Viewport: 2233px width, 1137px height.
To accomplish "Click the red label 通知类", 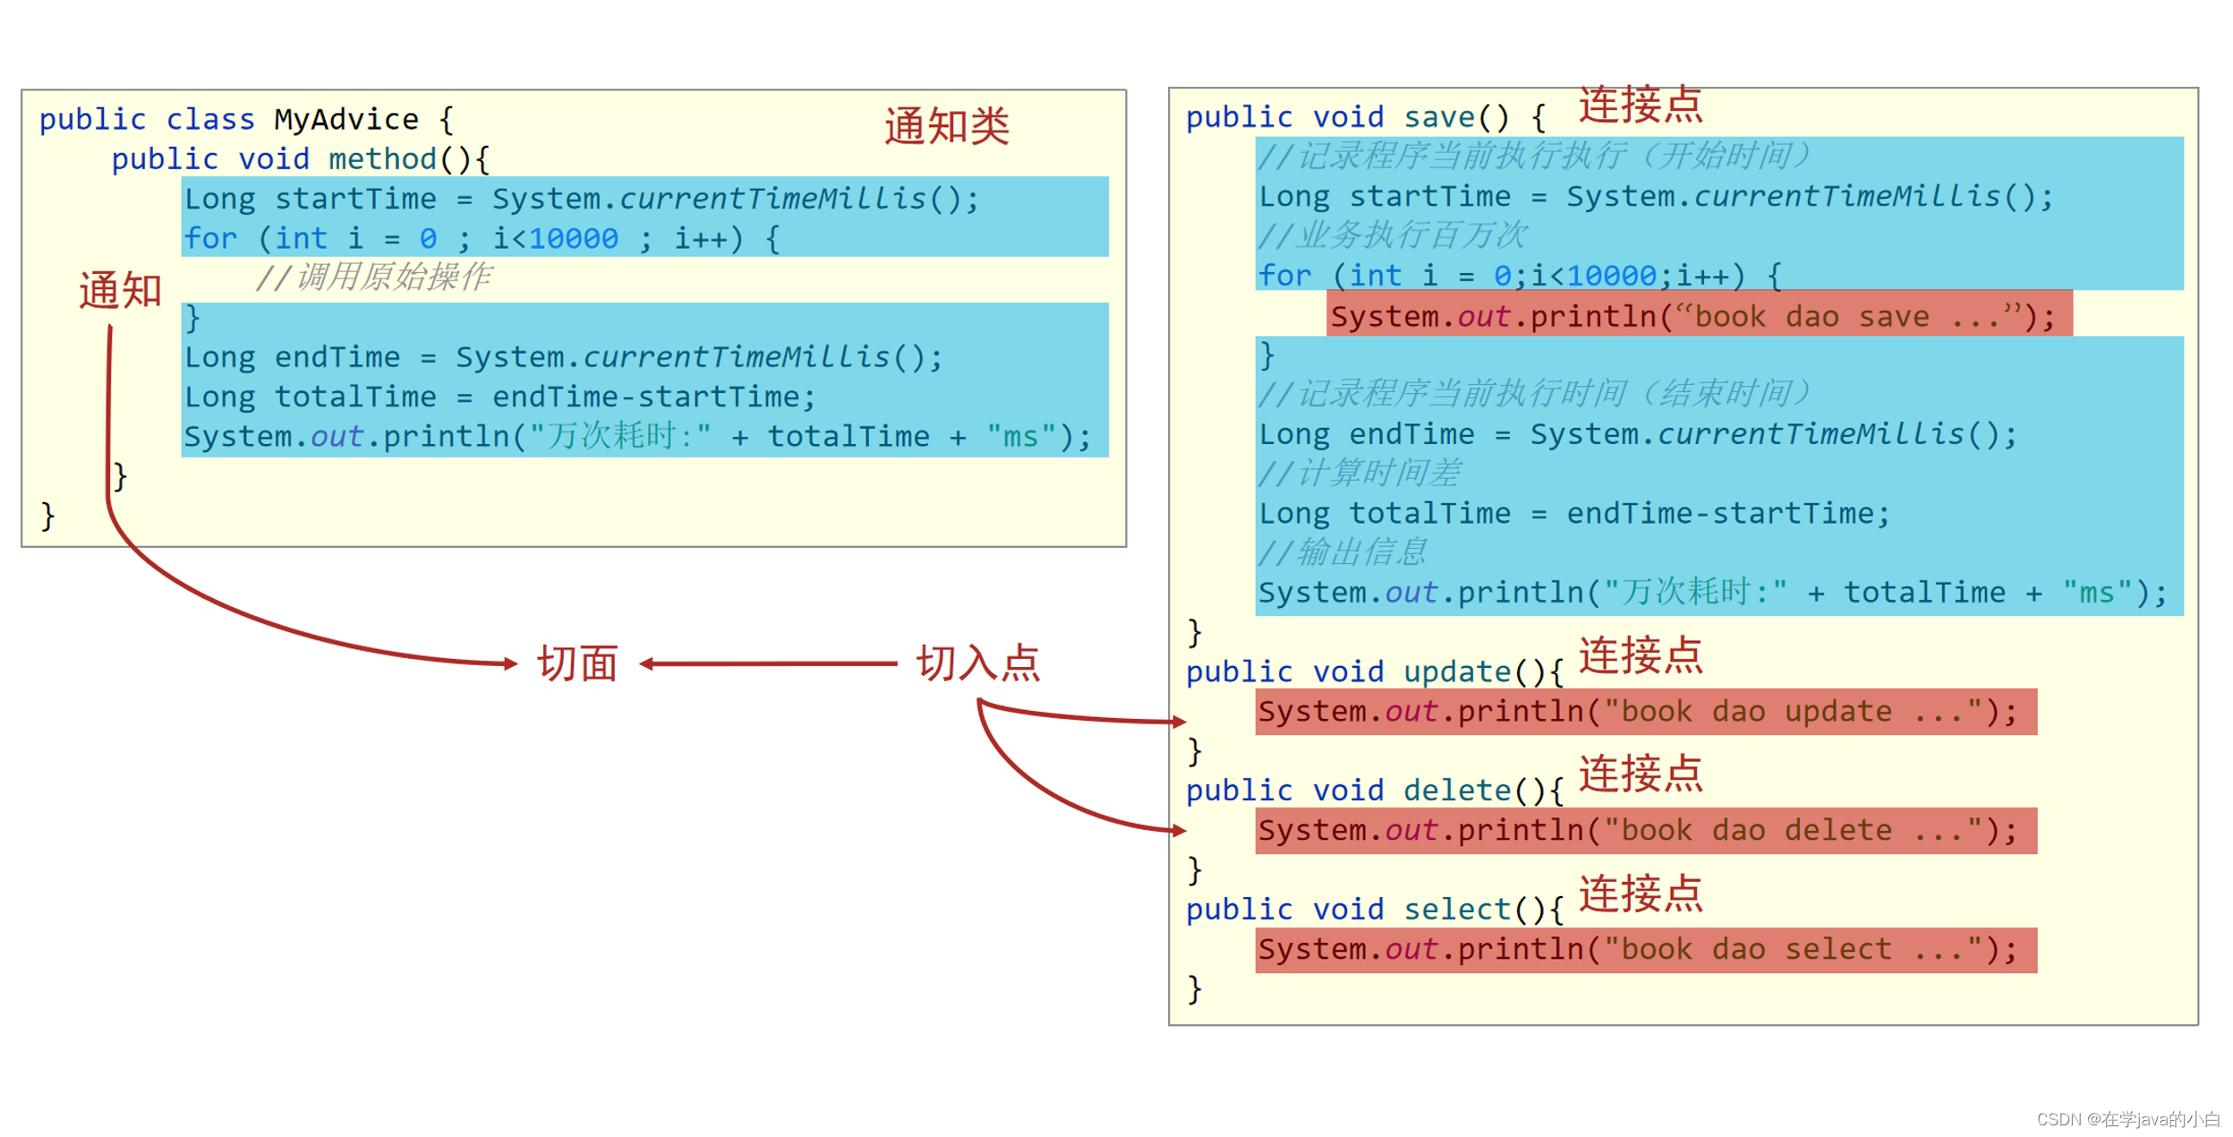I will tap(946, 125).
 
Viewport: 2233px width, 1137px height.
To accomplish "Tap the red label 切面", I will tap(577, 664).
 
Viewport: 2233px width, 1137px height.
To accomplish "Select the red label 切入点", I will tap(977, 664).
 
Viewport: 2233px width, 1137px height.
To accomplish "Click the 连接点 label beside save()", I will tap(1640, 105).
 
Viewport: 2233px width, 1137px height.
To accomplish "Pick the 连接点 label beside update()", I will tap(1640, 655).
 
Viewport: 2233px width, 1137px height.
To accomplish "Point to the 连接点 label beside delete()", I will tap(1640, 774).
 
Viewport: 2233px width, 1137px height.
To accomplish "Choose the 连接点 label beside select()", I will tap(1640, 893).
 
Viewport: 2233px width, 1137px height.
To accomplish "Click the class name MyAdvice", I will tap(346, 119).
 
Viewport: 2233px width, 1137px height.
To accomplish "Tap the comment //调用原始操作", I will tap(373, 278).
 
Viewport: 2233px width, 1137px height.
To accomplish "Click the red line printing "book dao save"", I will tap(1697, 316).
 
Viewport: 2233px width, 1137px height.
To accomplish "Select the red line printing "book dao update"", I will tap(1644, 712).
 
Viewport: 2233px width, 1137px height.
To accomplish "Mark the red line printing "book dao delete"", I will tap(1644, 831).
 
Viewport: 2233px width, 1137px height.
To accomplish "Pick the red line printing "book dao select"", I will tap(1644, 950).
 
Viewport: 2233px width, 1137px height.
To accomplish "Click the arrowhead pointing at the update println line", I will tap(1179, 722).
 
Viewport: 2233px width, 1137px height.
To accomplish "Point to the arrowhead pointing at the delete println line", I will tap(1179, 831).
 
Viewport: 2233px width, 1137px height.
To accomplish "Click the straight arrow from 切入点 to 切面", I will tap(770, 664).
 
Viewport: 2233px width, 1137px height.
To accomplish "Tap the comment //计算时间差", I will tap(1359, 473).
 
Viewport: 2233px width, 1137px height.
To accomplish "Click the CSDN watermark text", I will tap(2127, 1119).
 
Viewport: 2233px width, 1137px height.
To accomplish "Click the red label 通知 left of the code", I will tap(120, 291).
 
